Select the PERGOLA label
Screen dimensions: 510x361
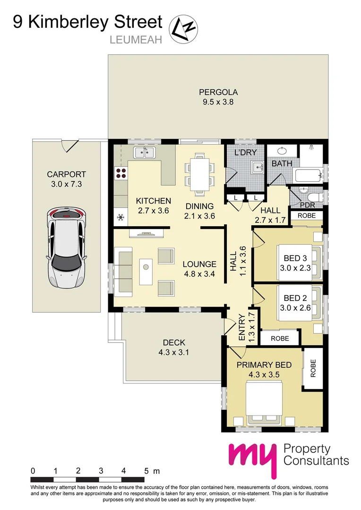[218, 92]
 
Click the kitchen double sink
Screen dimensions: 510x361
[145, 152]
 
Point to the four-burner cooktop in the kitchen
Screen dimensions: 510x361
[121, 173]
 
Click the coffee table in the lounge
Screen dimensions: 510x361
[146, 271]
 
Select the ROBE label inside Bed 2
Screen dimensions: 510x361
[280, 339]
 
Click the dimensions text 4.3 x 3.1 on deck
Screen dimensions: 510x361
[174, 352]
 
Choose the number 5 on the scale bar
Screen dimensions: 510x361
[146, 471]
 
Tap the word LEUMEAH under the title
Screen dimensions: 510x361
[136, 40]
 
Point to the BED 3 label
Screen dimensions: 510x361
[292, 258]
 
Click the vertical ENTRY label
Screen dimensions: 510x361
[242, 327]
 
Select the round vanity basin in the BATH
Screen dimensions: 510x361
[283, 151]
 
